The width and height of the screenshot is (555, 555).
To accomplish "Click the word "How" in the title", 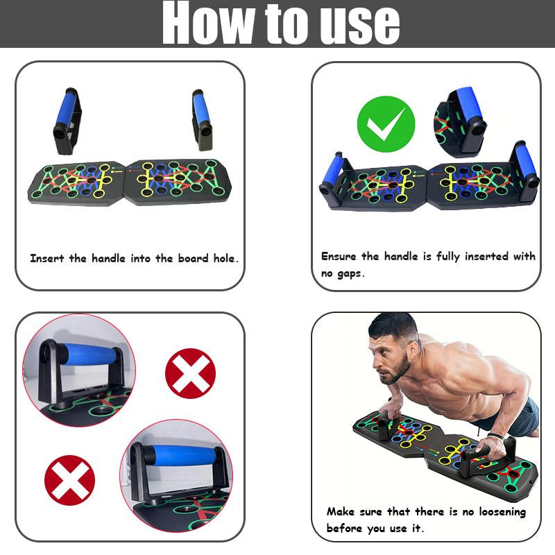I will tap(206, 25).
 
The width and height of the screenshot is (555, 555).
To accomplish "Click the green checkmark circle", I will tap(386, 125).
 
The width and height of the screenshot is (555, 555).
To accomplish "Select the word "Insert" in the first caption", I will tap(48, 258).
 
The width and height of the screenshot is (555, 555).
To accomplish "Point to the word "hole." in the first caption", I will tap(223, 258).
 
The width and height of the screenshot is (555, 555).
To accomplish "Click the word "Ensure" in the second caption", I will tap(340, 257).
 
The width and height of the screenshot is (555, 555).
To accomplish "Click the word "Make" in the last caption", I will tap(341, 512).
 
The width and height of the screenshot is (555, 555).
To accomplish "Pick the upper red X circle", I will tap(190, 373).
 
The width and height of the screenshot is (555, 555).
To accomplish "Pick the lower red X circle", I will tap(69, 480).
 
